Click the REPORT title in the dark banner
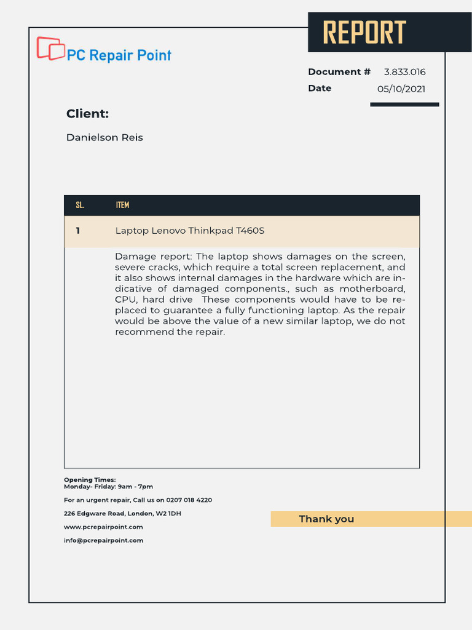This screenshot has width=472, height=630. pos(364,33)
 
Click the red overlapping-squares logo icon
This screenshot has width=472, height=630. pos(50,49)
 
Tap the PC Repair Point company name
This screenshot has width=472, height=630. pos(119,55)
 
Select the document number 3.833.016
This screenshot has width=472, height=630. pos(404,72)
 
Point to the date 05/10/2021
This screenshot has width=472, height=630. pos(401,89)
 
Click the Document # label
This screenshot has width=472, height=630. pos(339,72)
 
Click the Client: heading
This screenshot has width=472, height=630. pos(87,114)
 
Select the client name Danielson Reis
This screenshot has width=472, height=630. pos(104,138)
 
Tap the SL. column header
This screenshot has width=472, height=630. pos(80,205)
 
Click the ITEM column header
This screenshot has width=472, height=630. pos(122,205)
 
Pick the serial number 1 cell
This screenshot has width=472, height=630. pos(78,231)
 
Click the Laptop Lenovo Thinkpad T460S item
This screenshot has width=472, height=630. pos(190,231)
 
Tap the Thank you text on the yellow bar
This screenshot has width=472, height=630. pos(326,519)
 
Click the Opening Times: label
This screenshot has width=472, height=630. pos(90,480)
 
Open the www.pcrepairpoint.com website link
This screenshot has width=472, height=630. pos(103,527)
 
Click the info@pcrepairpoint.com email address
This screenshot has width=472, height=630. pos(103,541)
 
